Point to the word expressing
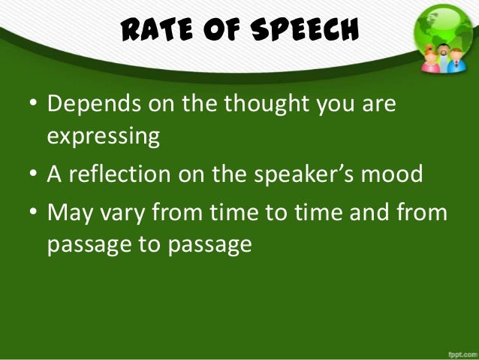[x=104, y=138]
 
